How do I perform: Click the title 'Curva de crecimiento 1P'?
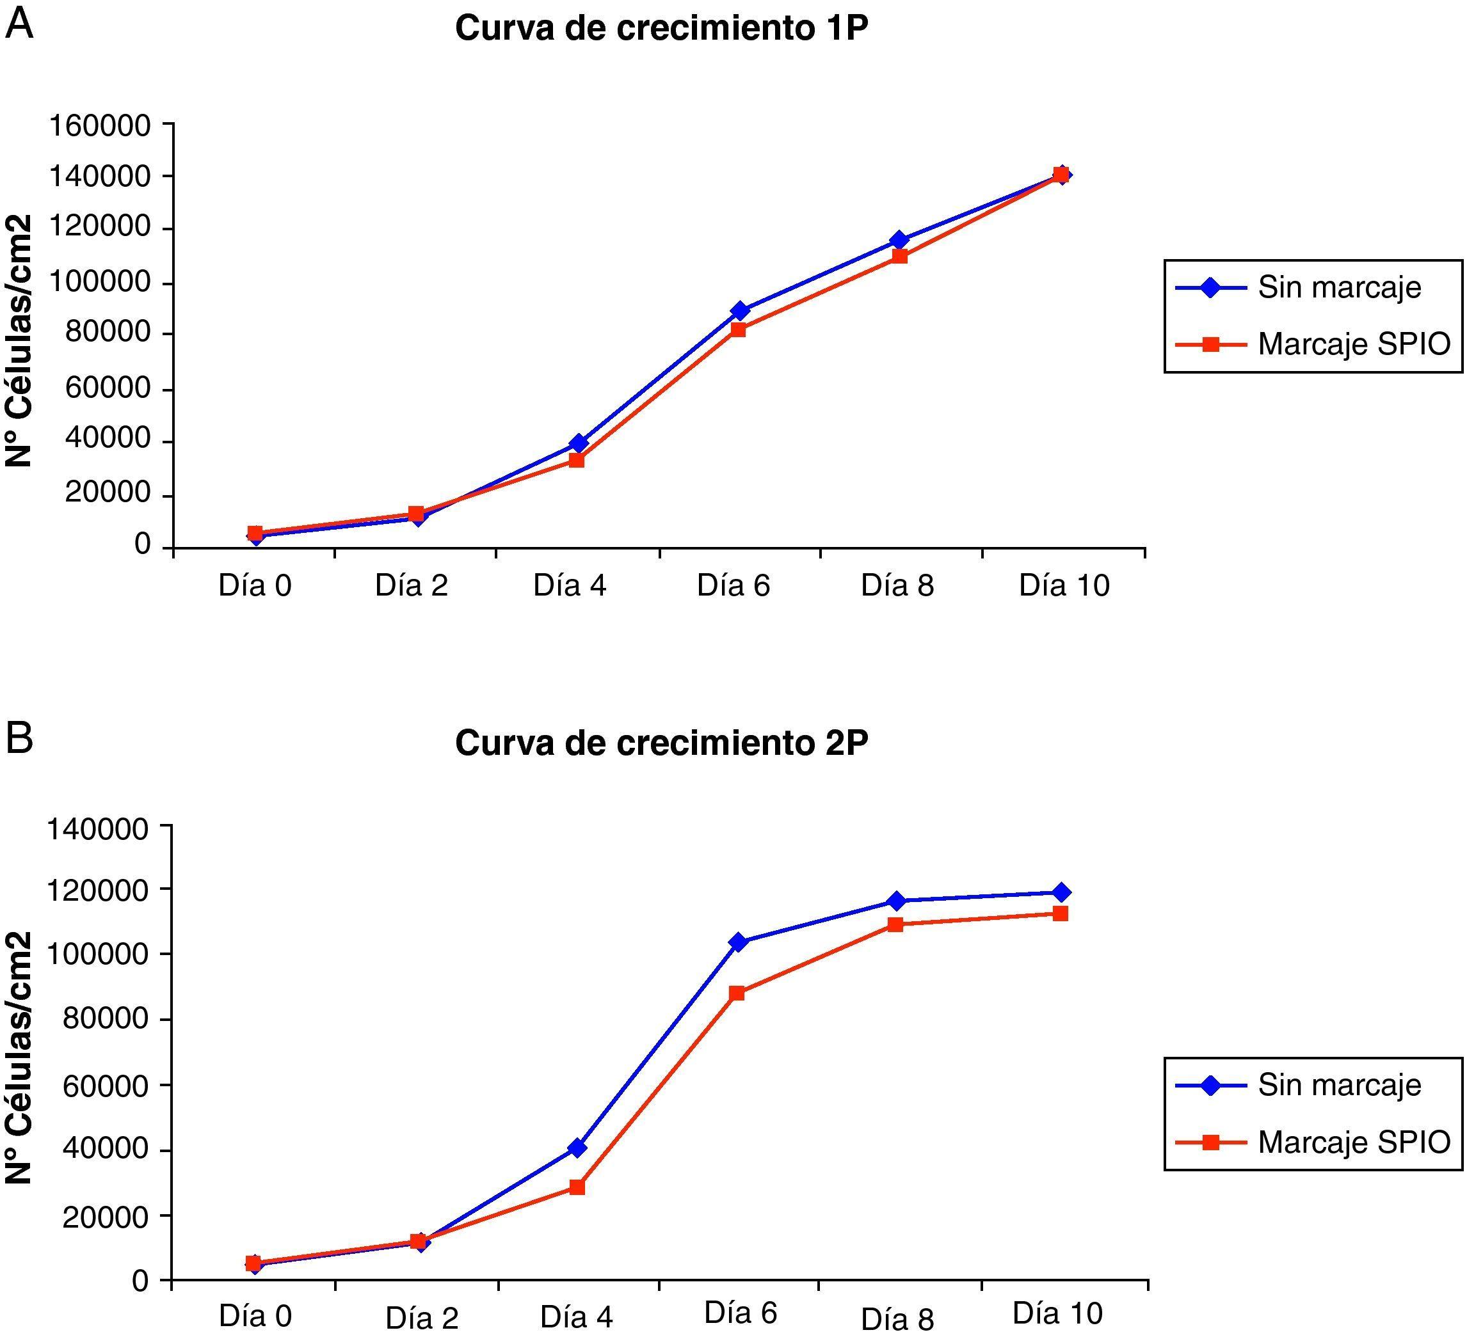point(661,29)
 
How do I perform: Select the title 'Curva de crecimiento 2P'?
point(661,743)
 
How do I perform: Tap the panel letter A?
point(20,24)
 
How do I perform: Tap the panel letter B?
point(20,738)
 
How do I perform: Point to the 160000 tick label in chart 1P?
point(100,126)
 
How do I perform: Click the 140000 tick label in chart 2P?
point(98,828)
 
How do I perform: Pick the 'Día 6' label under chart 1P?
point(733,585)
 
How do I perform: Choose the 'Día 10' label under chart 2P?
point(1057,1313)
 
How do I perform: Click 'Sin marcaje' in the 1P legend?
point(1339,288)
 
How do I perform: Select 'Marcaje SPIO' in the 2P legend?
point(1354,1142)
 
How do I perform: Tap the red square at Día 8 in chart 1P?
point(899,256)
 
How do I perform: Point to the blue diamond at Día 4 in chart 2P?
point(578,1148)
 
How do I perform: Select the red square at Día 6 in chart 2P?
point(737,993)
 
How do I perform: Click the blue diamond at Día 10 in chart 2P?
point(1061,892)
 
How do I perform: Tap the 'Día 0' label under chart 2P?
point(255,1316)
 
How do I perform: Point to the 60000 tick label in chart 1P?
point(107,388)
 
